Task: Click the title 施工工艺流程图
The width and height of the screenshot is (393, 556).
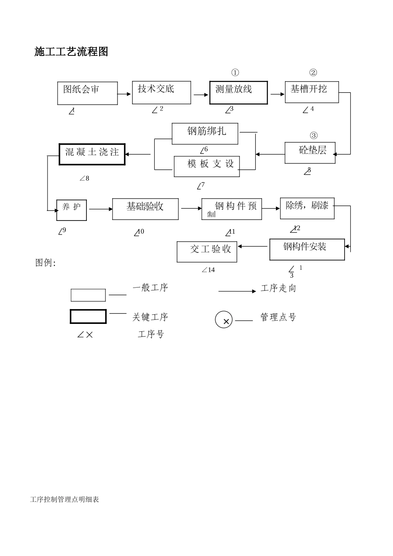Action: [x=71, y=52]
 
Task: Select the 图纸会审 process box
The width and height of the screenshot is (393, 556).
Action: [x=87, y=93]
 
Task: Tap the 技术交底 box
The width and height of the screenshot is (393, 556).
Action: [x=161, y=92]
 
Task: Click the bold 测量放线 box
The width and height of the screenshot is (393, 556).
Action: [x=238, y=93]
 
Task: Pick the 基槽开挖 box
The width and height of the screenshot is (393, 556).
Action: [x=312, y=92]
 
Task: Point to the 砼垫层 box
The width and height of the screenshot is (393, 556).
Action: [x=310, y=153]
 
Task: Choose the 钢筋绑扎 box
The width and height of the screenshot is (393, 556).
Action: [x=205, y=133]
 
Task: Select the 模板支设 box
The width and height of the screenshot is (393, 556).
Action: [x=206, y=166]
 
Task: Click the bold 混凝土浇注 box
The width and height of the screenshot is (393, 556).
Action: [x=92, y=154]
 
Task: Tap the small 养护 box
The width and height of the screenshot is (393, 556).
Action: [x=72, y=210]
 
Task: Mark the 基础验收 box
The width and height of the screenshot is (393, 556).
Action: [x=145, y=209]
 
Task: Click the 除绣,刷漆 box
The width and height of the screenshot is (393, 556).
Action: [x=307, y=208]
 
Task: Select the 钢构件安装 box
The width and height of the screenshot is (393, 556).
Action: [x=307, y=249]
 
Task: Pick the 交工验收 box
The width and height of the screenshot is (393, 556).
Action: [x=207, y=252]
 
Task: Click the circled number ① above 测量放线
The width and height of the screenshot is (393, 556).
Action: [x=235, y=73]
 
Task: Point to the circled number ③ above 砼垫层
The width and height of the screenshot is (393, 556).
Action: [x=314, y=136]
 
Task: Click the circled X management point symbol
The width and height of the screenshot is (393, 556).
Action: [x=224, y=320]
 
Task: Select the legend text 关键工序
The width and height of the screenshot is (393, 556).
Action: [x=150, y=317]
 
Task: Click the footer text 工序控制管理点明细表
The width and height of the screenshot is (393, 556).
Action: [x=65, y=499]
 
